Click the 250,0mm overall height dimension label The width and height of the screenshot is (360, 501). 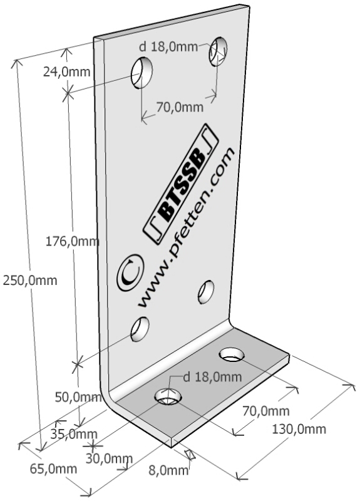tap(30, 281)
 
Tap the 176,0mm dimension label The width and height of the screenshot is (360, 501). tap(72, 242)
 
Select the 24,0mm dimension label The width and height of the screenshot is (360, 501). tap(67, 72)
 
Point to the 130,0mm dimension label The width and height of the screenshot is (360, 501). tap(299, 429)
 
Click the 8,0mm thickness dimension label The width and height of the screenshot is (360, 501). tap(168, 470)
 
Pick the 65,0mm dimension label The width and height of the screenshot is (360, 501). tap(53, 468)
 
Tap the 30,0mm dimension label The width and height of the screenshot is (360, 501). tap(109, 458)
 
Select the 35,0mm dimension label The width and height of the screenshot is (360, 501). tap(74, 434)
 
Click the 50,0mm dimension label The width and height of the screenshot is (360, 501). tap(78, 398)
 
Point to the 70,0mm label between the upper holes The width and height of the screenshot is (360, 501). tap(180, 106)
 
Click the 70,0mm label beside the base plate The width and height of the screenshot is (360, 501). tap(265, 411)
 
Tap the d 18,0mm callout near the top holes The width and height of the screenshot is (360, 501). tap(168, 47)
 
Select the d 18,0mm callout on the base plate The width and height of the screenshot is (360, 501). tap(212, 377)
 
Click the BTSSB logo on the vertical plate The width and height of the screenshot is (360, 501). tap(181, 183)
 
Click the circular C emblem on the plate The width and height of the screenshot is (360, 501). tap(130, 272)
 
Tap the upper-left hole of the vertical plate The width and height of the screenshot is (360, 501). tap(141, 73)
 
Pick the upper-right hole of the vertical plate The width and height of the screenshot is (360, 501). tap(218, 51)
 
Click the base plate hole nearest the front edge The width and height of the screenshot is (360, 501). tap(168, 397)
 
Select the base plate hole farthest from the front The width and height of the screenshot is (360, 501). tap(232, 354)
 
